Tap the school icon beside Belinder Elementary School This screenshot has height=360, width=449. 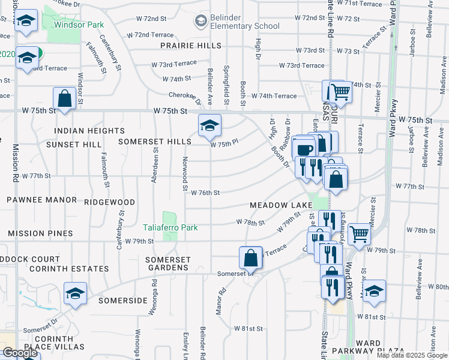(200, 23)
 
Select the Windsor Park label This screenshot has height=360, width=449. (79, 25)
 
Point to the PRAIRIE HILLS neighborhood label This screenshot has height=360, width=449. (190, 46)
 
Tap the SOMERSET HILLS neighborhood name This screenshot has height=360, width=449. (154, 142)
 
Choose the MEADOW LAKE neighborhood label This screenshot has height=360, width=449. (282, 205)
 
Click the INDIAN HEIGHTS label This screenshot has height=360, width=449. (89, 131)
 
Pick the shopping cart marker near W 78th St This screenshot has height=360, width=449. (359, 234)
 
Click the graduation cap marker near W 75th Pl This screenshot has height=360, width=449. (209, 125)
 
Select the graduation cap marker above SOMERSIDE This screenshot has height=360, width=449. (75, 293)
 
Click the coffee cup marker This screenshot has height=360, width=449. (305, 149)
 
